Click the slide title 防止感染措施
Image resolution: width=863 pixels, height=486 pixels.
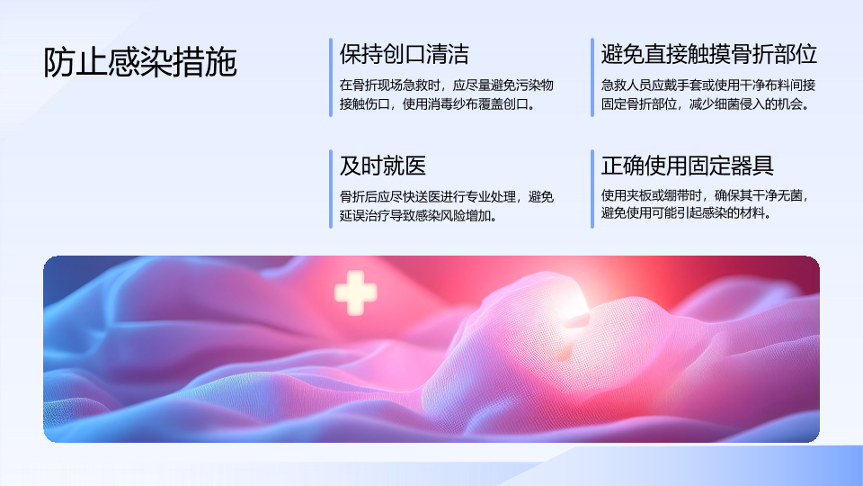click(140, 62)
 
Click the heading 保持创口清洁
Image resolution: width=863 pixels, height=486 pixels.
click(404, 54)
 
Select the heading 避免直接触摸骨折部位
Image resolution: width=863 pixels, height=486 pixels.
click(709, 54)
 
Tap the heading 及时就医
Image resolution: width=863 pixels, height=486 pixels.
click(383, 166)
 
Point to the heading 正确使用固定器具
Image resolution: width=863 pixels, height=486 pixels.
click(688, 166)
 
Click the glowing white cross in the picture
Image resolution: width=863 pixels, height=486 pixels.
click(356, 292)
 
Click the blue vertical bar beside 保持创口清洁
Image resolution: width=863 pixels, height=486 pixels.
click(331, 77)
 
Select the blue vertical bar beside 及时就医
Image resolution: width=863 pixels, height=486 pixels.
click(331, 188)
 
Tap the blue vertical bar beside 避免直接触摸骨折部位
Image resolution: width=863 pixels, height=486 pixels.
click(592, 77)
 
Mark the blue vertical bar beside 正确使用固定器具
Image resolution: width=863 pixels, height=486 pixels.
click(592, 188)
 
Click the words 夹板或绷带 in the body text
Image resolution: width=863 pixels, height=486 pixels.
click(658, 195)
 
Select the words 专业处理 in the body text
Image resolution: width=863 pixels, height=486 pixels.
click(491, 197)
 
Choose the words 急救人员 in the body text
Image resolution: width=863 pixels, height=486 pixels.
click(626, 85)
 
